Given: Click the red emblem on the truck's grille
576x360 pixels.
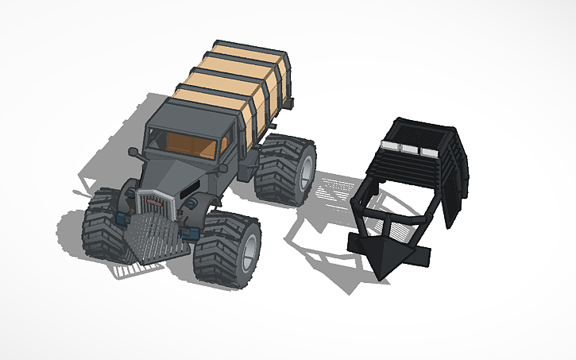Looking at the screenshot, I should coord(156,203).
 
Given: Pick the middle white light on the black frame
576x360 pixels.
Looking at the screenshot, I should coord(410,149).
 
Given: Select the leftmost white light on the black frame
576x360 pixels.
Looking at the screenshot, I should coord(392,146).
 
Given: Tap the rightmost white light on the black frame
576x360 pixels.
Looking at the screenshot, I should coord(429,151).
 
